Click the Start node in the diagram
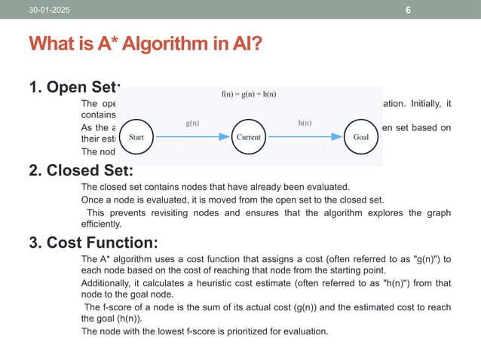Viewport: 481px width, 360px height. pyautogui.click(x=136, y=138)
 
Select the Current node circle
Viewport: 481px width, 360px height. pyautogui.click(x=249, y=138)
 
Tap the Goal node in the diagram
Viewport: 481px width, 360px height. pyautogui.click(x=361, y=138)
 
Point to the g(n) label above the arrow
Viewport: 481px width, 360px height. pyautogui.click(x=193, y=122)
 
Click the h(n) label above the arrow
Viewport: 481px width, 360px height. pyautogui.click(x=305, y=122)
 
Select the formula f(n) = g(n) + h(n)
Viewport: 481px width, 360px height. pyautogui.click(x=248, y=93)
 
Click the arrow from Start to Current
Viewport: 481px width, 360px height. pyautogui.click(x=192, y=138)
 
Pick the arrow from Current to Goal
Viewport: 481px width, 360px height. pyautogui.click(x=305, y=138)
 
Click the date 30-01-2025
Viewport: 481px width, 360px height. pyautogui.click(x=47, y=10)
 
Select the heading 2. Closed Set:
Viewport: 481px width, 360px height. pyautogui.click(x=75, y=170)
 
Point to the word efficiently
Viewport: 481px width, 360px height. pyautogui.click(x=102, y=224)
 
